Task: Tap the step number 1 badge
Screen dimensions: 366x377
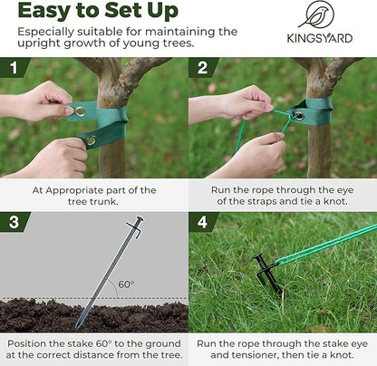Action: click(x=14, y=69)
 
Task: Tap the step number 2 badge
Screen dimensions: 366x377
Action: click(x=202, y=69)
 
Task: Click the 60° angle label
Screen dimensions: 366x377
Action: click(x=126, y=284)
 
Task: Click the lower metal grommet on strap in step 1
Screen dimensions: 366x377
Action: click(x=90, y=140)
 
